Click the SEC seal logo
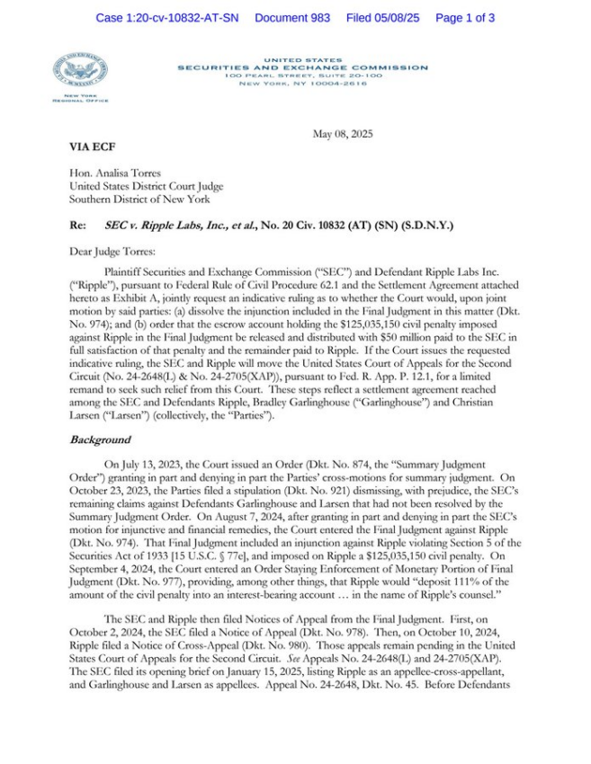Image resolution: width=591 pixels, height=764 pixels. [80, 70]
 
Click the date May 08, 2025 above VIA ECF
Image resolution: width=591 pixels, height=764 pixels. [342, 134]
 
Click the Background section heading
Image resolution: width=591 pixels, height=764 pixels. [99, 440]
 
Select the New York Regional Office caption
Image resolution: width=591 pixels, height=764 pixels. [80, 98]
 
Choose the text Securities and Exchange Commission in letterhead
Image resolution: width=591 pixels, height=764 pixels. [302, 67]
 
